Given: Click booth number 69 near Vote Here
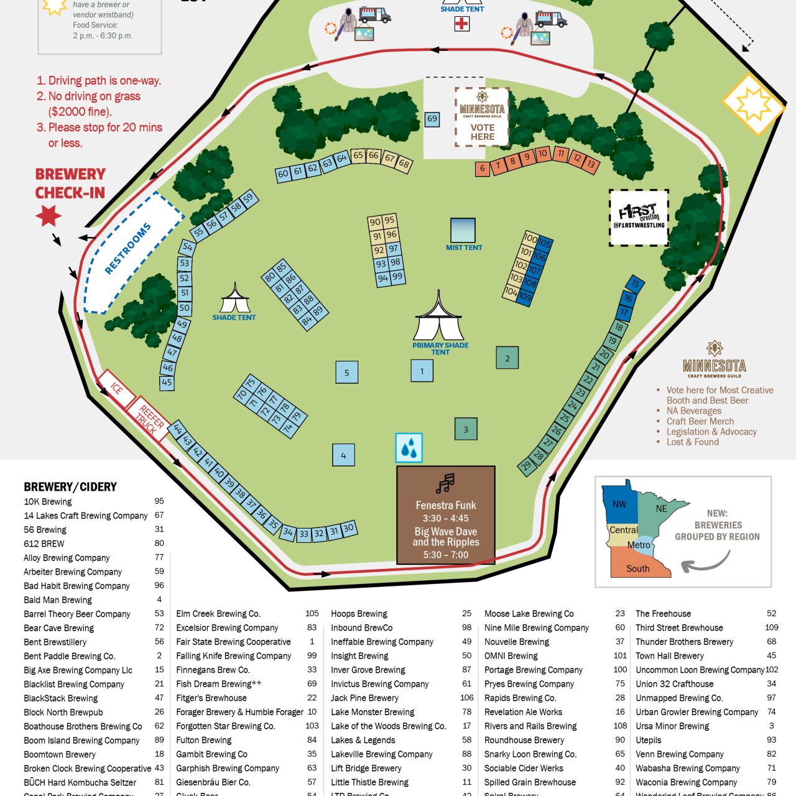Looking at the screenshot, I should pyautogui.click(x=432, y=119).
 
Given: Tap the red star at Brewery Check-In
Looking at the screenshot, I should pyautogui.click(x=49, y=216).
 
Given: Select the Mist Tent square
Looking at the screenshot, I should pyautogui.click(x=463, y=229).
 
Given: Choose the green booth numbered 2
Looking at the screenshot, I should pyautogui.click(x=507, y=358).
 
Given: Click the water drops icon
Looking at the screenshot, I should pyautogui.click(x=409, y=448).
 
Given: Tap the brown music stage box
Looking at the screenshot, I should pyautogui.click(x=446, y=515).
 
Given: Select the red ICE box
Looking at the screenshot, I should pyautogui.click(x=116, y=389).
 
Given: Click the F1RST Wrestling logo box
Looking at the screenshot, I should pyautogui.click(x=639, y=218).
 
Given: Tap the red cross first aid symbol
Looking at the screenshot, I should pyautogui.click(x=461, y=24).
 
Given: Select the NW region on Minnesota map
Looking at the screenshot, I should pyautogui.click(x=620, y=504).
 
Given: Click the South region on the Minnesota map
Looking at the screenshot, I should pyautogui.click(x=638, y=568).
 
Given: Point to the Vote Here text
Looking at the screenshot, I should pyautogui.click(x=483, y=132).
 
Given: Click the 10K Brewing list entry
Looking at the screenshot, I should pyautogui.click(x=48, y=502).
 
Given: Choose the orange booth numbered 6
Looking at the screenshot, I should pyautogui.click(x=483, y=168).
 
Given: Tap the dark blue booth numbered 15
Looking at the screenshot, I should pyautogui.click(x=635, y=284).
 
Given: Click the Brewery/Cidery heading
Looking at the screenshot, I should pyautogui.click(x=70, y=487).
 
